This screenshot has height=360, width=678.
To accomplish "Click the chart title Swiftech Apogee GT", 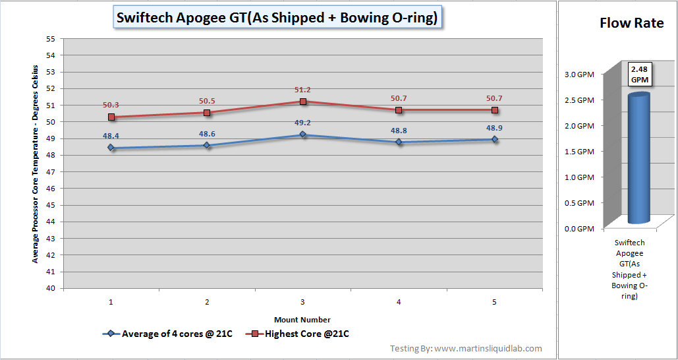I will (277, 18).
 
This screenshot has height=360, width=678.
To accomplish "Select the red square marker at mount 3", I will (303, 102).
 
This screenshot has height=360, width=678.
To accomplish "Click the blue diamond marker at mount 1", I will (111, 148).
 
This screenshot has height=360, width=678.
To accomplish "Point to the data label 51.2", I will (303, 90).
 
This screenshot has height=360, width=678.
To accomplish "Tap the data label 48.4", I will (111, 136).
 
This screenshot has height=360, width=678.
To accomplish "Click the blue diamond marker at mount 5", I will (494, 139).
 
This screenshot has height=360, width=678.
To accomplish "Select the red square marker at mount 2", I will (207, 113).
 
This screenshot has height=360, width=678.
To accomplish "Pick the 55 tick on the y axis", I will (50, 38).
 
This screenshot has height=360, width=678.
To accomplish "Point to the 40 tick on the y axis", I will (50, 288).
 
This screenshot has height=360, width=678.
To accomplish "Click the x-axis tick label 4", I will (399, 302).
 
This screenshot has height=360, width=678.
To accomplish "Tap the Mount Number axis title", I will (302, 319).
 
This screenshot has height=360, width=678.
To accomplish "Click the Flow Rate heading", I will (631, 23).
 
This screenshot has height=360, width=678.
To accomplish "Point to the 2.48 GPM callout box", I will (639, 73).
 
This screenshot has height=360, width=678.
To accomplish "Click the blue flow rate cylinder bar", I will (638, 158).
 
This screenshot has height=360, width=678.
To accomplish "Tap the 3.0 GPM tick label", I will (580, 75).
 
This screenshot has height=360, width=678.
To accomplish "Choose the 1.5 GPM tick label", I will (580, 152).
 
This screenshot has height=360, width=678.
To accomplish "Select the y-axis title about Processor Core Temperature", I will (35, 164).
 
